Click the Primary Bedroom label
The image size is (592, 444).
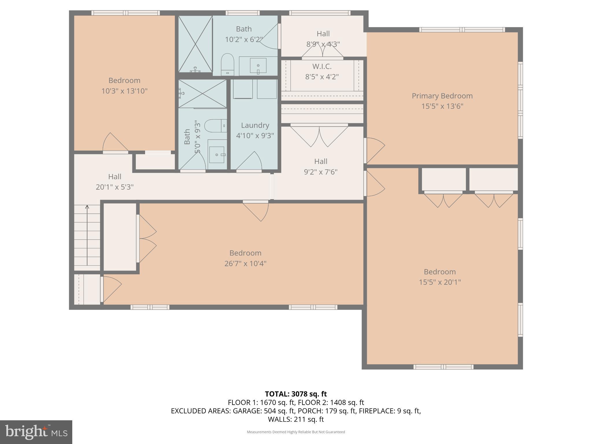pos(442,96)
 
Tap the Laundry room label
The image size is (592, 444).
pos(255,125)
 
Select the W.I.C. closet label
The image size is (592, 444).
pos(322,66)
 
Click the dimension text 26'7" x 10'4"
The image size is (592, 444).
pos(245,264)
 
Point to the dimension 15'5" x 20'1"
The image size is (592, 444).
pos(440,282)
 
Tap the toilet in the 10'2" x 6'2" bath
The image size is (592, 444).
pos(227,64)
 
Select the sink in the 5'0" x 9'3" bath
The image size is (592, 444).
pos(217,155)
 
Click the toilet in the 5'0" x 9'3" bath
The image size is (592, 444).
pos(215,126)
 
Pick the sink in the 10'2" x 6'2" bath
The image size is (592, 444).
pos(258,66)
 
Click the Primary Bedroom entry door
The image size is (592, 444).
pos(375,150)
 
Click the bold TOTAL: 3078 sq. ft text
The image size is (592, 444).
pos(296,394)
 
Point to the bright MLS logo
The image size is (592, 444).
pos(36,432)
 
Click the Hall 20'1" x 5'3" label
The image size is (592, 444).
pos(114,182)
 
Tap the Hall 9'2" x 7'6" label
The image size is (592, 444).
pos(321,166)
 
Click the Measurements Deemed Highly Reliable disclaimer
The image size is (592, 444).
pos(296,432)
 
